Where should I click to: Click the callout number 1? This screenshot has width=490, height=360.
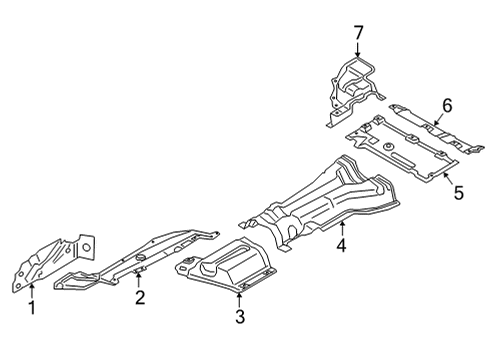click(31, 308)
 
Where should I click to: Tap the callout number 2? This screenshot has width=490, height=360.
click(140, 297)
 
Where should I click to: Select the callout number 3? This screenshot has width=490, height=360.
click(240, 319)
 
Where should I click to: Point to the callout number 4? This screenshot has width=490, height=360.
click(341, 244)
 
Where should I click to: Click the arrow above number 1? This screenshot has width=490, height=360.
click(31, 290)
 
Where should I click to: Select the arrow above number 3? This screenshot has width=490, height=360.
click(240, 299)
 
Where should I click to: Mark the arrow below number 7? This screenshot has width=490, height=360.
click(357, 52)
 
